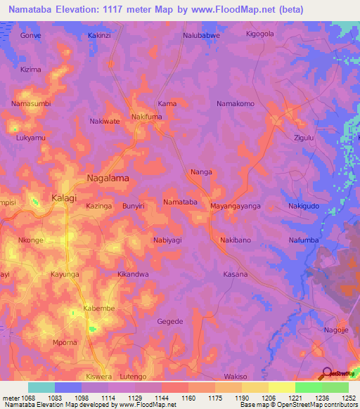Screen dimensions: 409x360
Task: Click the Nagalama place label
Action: point(108,178)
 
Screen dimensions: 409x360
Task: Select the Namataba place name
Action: point(180,202)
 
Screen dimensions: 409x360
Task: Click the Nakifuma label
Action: point(147,117)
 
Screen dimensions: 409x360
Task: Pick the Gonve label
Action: point(30,34)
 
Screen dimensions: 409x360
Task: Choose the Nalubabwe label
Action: point(202,34)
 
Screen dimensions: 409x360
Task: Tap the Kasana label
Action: point(236,274)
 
